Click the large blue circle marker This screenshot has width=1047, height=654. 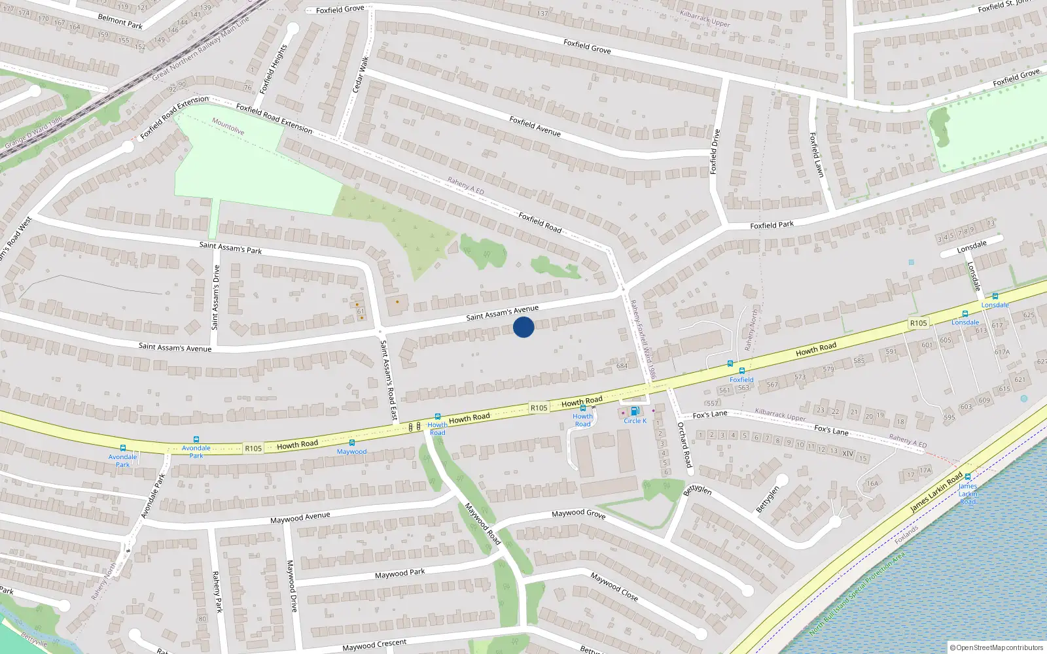coord(523,327)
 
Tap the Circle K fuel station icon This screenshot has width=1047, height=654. coord(634,411)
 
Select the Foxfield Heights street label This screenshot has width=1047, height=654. coord(274,69)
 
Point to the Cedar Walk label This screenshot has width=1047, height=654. coord(361,74)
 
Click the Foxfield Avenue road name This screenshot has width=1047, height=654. coord(535,126)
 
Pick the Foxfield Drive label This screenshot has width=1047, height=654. coord(715,151)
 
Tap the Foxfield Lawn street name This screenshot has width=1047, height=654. coord(816,155)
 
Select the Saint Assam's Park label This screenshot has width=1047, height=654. coord(230,247)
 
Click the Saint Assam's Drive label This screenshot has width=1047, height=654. coord(215,297)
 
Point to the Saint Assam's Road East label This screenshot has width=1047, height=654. coord(389,380)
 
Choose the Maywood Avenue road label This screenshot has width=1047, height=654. coord(300,518)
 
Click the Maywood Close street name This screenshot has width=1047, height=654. coord(614,587)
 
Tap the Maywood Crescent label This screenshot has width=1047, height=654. coord(374,645)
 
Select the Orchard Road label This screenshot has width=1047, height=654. coord(684,445)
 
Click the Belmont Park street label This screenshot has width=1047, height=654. coord(120,21)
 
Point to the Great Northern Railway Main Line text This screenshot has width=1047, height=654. coord(201,48)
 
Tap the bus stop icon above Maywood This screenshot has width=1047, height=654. coord(351,443)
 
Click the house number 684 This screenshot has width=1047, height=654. coord(622,366)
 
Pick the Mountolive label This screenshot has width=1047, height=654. coord(228,126)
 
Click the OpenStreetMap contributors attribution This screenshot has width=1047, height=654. coord(999,647)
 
